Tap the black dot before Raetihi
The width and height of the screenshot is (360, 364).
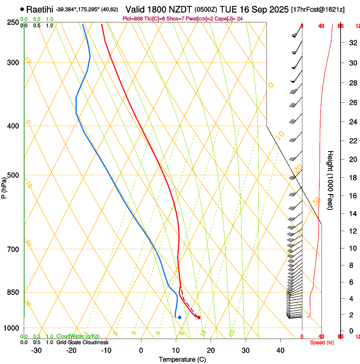[x=22, y=9]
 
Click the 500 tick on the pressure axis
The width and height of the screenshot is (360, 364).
[x=14, y=175]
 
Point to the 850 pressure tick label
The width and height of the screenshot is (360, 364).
[x=14, y=292]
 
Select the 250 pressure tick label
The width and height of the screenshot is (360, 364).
[x=14, y=22]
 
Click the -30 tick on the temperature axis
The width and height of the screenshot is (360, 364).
[x=36, y=350]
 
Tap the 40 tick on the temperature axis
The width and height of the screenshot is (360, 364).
[x=280, y=350]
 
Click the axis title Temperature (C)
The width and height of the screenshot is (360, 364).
[x=182, y=360]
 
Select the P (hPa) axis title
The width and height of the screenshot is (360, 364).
[x=4, y=187]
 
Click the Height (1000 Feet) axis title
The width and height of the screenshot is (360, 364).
[x=331, y=180]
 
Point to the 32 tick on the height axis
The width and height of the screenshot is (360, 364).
[x=352, y=43]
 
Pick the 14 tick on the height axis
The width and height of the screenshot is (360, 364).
[x=352, y=214]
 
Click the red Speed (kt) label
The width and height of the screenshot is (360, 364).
[x=321, y=342]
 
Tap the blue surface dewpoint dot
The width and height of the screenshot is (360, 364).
[x=180, y=317]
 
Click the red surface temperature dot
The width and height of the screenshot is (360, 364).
[x=199, y=317]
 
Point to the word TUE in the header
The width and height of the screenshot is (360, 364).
[x=229, y=9]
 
